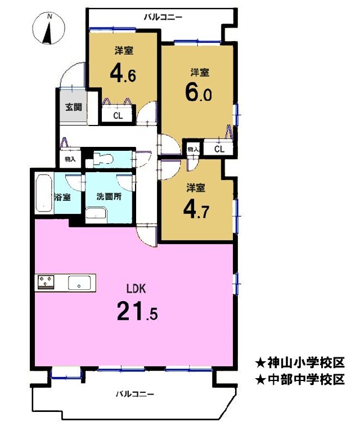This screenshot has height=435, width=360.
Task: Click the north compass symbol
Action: (49, 29)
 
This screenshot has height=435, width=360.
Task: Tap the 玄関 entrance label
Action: (74, 107)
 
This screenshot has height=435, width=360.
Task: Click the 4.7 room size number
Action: (196, 210)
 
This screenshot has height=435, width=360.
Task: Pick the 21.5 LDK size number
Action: (137, 311)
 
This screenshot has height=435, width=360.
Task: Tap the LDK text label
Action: (136, 289)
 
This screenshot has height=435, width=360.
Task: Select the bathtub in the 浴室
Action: (44, 194)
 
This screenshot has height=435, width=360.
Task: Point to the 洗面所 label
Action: (109, 196)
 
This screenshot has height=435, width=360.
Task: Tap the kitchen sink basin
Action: (79, 283)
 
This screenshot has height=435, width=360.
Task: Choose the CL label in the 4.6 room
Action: (118, 116)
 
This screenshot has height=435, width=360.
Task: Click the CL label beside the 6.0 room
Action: (219, 149)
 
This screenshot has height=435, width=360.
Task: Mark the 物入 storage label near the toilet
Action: (70, 159)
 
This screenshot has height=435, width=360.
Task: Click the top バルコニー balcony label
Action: (163, 17)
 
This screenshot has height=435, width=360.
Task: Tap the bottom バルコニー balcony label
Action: (135, 394)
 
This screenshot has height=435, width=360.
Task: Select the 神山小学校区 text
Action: (300, 362)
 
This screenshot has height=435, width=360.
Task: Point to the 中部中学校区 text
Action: (300, 379)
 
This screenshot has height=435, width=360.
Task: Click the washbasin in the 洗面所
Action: (96, 216)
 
